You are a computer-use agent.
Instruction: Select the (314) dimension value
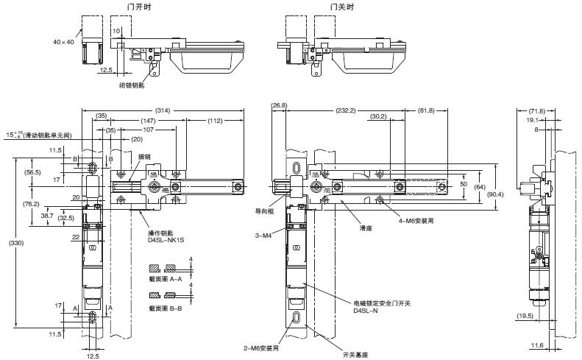[x=163, y=110]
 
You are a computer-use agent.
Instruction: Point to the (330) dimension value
[x=10, y=242]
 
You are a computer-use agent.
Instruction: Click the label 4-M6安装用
[x=407, y=219]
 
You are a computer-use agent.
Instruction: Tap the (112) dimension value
[x=216, y=120]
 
